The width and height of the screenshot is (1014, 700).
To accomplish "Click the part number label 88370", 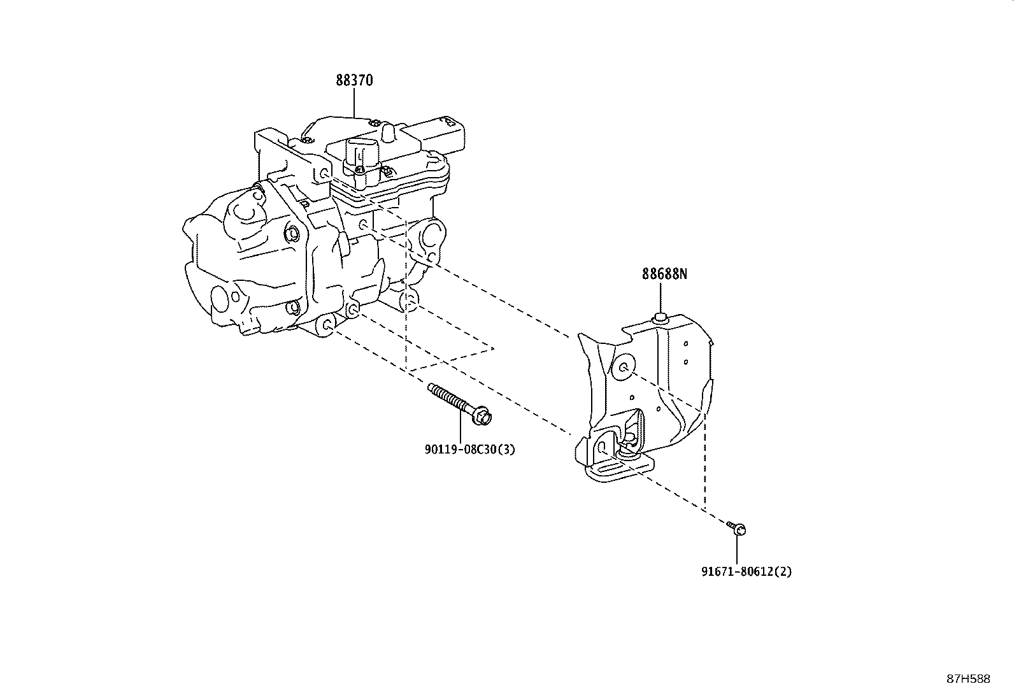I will click(354, 81).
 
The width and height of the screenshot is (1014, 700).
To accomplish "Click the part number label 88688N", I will click(664, 275).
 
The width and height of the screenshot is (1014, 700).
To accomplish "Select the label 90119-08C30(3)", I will click(469, 450).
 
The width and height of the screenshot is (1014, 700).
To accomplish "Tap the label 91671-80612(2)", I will click(746, 572).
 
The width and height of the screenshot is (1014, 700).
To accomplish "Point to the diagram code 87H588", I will click(968, 679).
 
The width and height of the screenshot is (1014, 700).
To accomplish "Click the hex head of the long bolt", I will click(483, 417).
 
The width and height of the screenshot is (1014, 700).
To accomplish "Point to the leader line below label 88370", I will click(354, 102).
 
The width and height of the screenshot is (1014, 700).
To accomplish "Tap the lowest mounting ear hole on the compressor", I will click(327, 325).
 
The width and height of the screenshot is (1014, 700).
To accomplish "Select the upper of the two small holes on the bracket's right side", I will click(686, 344).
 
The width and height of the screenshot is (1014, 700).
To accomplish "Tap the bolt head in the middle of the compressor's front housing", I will click(293, 234).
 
